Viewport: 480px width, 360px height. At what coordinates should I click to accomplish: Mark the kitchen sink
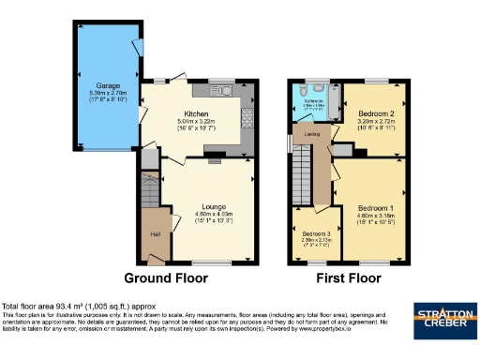click(x=228, y=92)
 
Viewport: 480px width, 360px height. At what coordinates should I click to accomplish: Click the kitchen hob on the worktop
click(x=247, y=116)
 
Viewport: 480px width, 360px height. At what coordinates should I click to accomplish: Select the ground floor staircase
click(x=149, y=184)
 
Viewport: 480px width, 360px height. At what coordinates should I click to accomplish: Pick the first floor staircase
click(x=302, y=173)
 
